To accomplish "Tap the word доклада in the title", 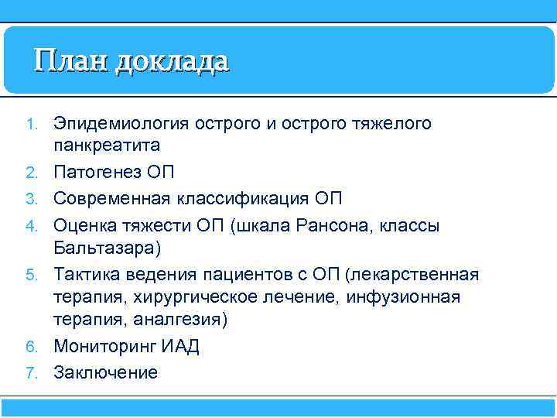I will [172, 61].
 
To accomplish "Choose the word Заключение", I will [105, 372].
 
